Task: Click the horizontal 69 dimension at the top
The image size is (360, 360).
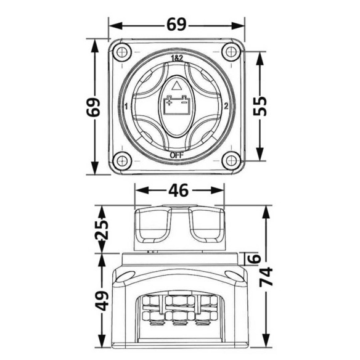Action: click(x=176, y=25)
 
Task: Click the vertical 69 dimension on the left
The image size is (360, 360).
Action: click(x=93, y=107)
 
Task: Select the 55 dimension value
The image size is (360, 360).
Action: click(x=260, y=106)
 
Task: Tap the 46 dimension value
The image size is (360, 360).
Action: click(x=178, y=190)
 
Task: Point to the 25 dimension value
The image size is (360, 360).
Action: click(x=102, y=230)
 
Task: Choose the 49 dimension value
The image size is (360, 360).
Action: click(x=102, y=301)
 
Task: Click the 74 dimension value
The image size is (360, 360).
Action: click(x=266, y=277)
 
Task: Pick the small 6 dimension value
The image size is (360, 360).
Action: click(x=255, y=258)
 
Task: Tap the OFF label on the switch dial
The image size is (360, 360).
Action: click(x=177, y=155)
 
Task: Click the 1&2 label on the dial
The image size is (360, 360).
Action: click(x=177, y=59)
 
